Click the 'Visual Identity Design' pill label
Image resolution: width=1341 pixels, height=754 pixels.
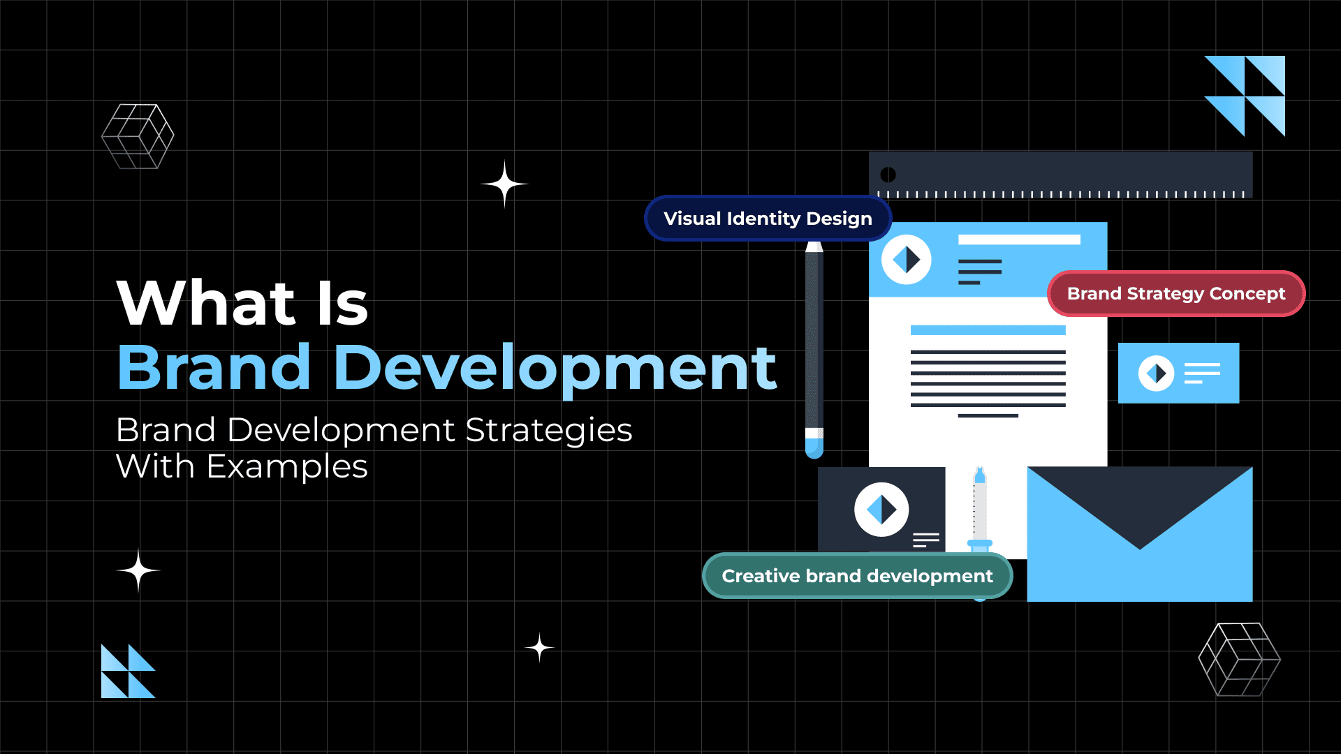768,219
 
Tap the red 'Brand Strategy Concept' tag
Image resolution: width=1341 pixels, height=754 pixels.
1175,294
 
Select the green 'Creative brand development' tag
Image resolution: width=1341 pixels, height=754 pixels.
857,576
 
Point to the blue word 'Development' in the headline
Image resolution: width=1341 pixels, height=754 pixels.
555,368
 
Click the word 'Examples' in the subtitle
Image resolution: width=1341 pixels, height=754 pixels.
286,466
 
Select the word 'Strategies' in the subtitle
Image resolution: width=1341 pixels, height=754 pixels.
548,430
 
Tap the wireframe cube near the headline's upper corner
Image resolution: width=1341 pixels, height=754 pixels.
138,136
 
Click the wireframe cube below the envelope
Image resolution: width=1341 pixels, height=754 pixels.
1239,660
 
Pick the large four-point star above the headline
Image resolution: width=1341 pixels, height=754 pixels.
504,184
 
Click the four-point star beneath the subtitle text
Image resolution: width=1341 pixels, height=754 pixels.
138,570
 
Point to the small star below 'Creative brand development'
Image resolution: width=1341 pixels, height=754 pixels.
539,648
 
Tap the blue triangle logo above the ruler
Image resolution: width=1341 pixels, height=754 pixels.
1245,96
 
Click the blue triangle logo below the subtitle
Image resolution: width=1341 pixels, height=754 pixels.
128,671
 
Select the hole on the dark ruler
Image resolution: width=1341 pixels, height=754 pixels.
888,175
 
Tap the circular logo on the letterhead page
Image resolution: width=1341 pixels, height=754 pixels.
906,260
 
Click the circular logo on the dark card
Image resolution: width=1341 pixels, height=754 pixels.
881,510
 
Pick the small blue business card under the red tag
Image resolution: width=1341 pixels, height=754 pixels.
1178,373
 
